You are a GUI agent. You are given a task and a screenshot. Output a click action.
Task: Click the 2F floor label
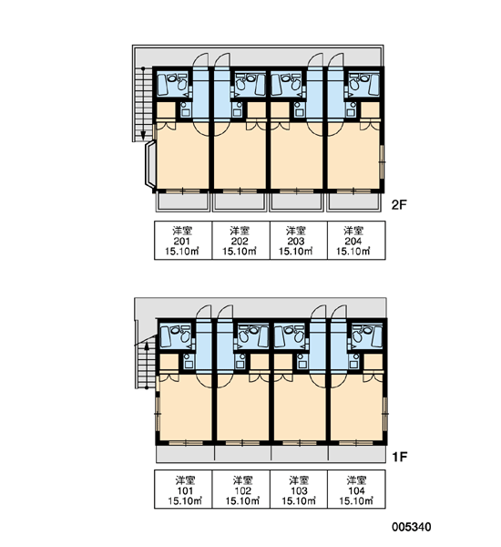[x=399, y=205]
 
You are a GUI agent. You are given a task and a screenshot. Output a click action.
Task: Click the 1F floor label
[x=400, y=457]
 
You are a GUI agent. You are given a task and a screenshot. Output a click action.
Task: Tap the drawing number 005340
[x=412, y=527]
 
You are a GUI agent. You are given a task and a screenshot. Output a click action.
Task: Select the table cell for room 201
[x=183, y=241]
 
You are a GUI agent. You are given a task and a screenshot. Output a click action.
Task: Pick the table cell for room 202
[x=240, y=241]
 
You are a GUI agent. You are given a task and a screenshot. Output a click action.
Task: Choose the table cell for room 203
[x=299, y=241]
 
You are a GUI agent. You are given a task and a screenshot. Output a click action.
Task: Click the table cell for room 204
[x=356, y=241]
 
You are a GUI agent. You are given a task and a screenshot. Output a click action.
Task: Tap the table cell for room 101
[x=183, y=489]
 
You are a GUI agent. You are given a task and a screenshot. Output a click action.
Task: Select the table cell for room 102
[x=240, y=489]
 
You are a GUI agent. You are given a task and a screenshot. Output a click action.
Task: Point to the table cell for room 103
[x=299, y=489]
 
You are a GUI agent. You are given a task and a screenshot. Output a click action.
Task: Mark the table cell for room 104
[x=356, y=489]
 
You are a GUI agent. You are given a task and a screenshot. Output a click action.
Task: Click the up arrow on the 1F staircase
[x=147, y=365]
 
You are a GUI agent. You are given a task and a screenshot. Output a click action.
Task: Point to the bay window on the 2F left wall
[x=149, y=164]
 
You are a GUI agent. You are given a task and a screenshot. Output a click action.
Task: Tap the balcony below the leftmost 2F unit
[x=182, y=202]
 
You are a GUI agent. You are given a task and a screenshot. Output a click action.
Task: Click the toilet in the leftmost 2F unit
[x=181, y=84]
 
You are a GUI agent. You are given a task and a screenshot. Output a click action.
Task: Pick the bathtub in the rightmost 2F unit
[x=373, y=85]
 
